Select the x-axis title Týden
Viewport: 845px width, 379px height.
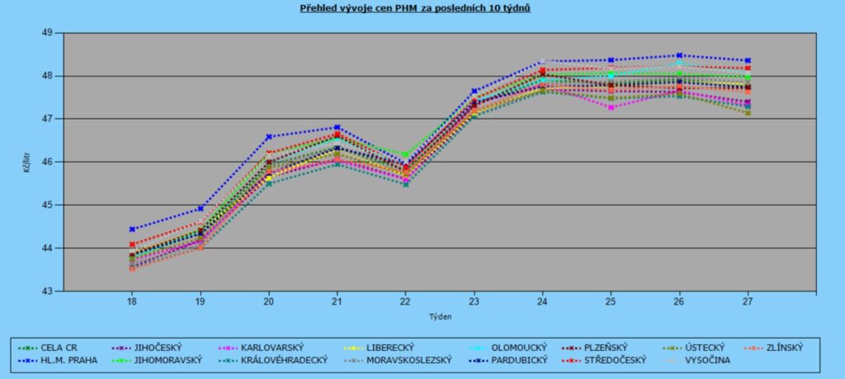click(439, 316)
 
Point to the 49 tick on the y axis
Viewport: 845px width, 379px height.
click(47, 32)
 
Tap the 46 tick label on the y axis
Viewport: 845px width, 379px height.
click(47, 162)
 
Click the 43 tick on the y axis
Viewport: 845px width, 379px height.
click(47, 291)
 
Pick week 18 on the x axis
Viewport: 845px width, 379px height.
click(132, 302)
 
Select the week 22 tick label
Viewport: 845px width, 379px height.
click(405, 302)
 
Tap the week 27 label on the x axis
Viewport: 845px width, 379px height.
click(748, 302)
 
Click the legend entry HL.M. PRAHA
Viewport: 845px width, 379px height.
click(68, 360)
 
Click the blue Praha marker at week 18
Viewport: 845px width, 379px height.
click(132, 230)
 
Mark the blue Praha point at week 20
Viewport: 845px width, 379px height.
click(269, 136)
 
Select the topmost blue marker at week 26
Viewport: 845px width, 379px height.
click(679, 55)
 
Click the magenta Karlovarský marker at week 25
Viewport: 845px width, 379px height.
click(611, 107)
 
